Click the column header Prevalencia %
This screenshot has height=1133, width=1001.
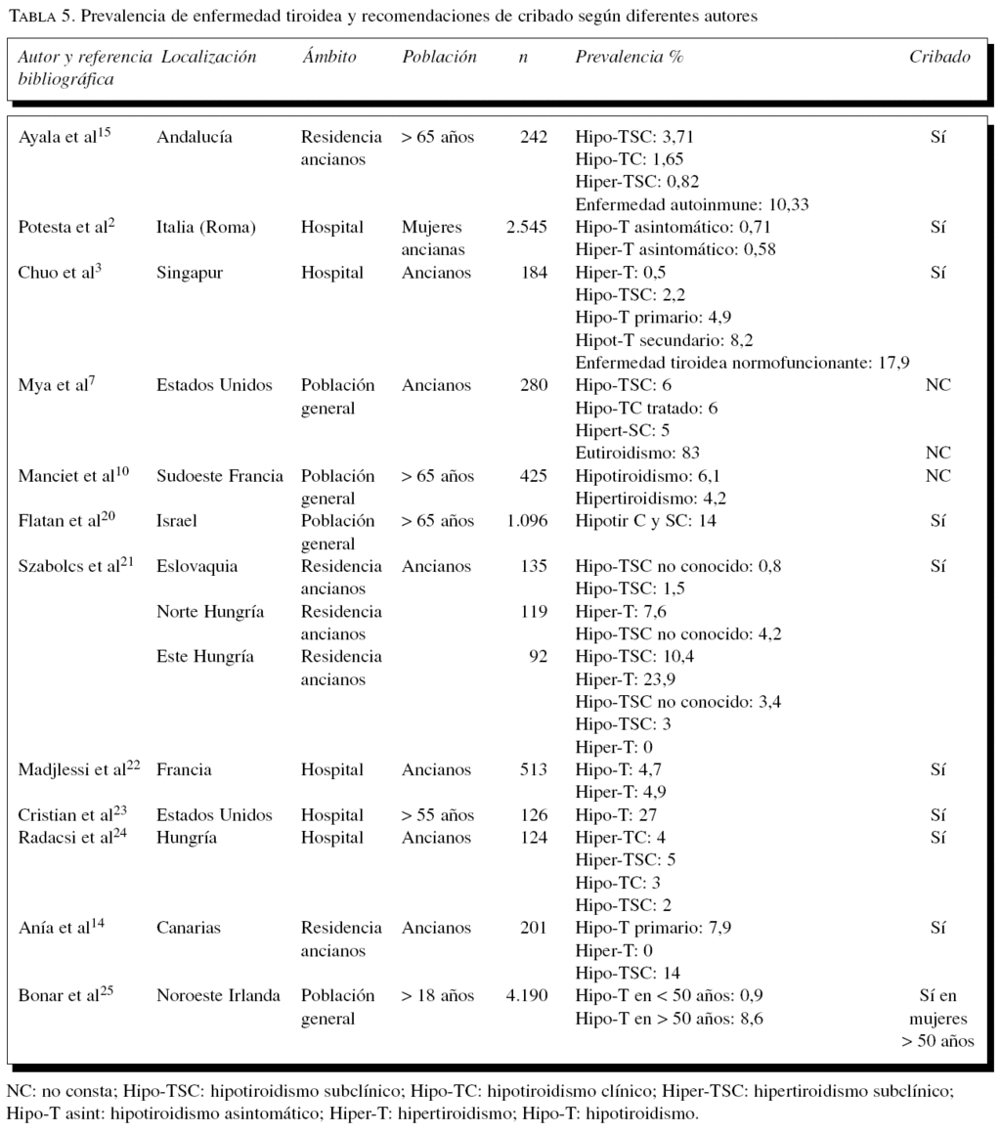point(629,57)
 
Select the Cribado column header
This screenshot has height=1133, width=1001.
point(939,57)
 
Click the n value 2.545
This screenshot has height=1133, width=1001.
point(527,228)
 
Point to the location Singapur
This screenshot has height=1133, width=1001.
point(190,273)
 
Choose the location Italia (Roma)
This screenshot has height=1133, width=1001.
point(205,228)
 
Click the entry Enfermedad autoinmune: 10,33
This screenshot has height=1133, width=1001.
point(691,204)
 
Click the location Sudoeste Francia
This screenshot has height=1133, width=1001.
point(220,476)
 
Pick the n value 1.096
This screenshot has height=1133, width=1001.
point(527,521)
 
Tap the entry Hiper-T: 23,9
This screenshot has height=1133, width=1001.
point(627,679)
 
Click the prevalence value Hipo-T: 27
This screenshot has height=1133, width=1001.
point(617,815)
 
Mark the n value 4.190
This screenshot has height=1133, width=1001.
point(527,996)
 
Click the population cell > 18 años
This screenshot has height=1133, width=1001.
point(437,996)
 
